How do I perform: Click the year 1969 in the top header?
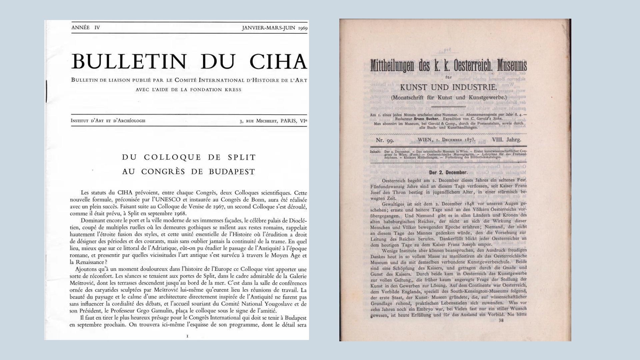tap(303, 28)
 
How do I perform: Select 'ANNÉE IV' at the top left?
tap(86, 28)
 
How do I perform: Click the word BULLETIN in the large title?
tap(129, 62)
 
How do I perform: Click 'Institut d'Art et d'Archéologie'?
tap(108, 121)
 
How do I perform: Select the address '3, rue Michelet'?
tap(258, 121)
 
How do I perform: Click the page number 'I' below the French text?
tap(187, 336)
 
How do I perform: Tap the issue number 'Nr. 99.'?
tap(385, 140)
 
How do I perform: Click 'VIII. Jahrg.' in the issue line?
tap(506, 140)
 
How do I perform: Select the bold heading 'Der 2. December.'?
tap(448, 172)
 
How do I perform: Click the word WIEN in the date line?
tap(425, 140)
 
